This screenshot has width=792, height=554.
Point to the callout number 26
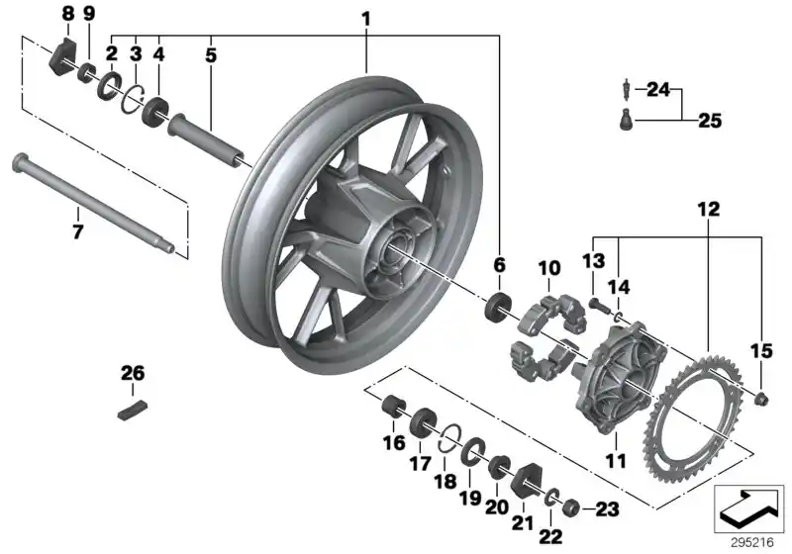point(133,373)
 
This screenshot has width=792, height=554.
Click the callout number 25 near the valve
point(710,122)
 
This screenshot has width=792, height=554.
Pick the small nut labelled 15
point(761,400)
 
